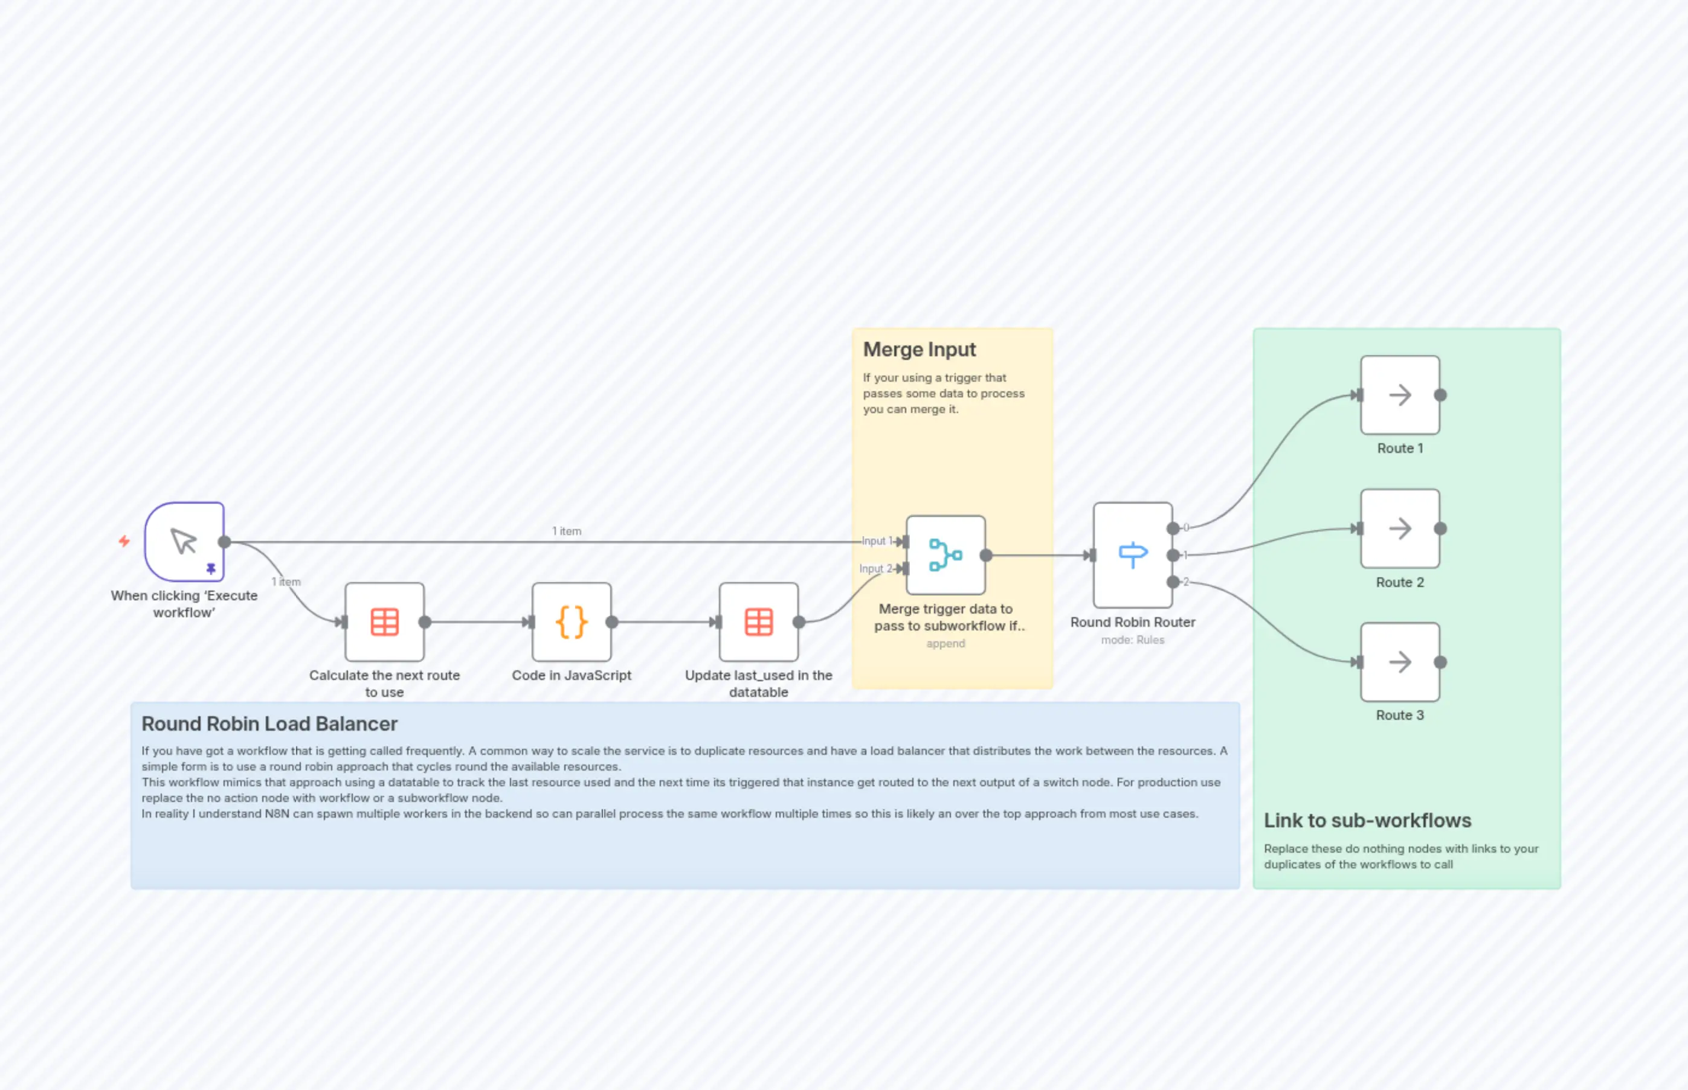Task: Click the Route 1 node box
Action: click(x=1400, y=395)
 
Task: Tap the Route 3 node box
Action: click(x=1400, y=662)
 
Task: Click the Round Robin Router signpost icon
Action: click(x=1133, y=555)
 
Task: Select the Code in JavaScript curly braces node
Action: click(x=572, y=622)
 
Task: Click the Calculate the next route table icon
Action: click(x=384, y=622)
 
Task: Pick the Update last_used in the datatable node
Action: click(x=758, y=622)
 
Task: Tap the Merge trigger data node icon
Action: click(x=945, y=555)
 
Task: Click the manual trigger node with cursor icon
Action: click(x=184, y=542)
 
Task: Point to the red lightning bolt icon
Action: click(x=124, y=542)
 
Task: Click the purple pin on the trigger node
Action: click(x=211, y=568)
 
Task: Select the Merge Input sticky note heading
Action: click(x=919, y=350)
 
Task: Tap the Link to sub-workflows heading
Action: click(x=1367, y=820)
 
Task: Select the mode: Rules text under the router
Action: click(x=1132, y=640)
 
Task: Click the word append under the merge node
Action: click(x=945, y=643)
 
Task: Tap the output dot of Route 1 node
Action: click(x=1440, y=395)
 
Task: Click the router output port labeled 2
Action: click(x=1173, y=582)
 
